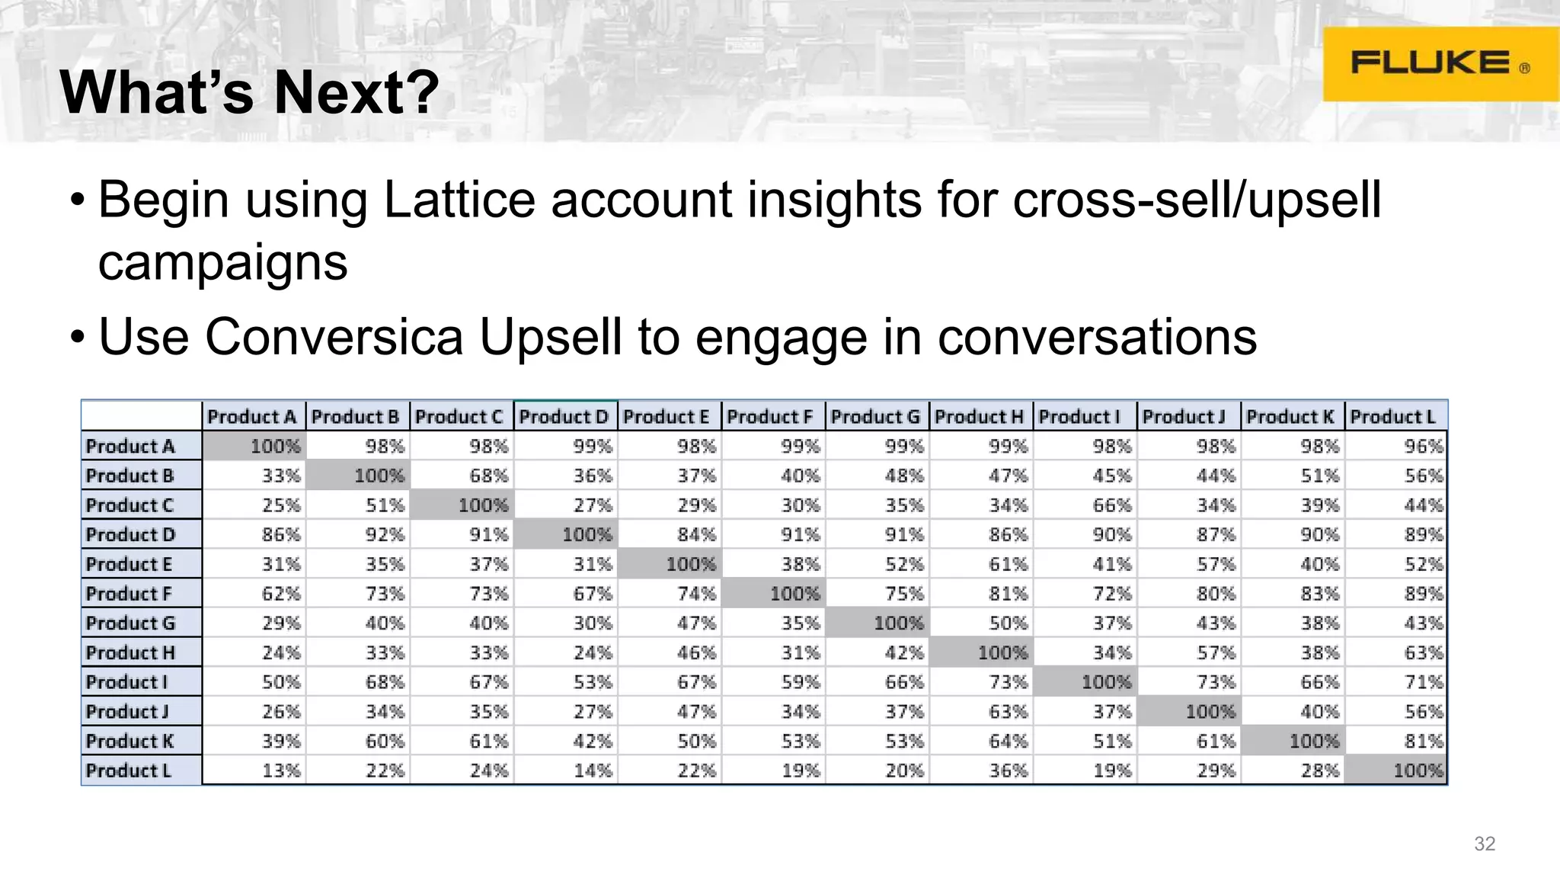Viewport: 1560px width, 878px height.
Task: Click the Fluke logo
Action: (x=1440, y=64)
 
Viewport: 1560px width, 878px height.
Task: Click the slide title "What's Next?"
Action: (x=250, y=92)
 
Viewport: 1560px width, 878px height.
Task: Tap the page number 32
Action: (x=1485, y=844)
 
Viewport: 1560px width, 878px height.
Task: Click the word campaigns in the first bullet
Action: (x=222, y=262)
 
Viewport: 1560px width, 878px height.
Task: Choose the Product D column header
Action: (x=564, y=417)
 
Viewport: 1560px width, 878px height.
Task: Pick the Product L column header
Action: (x=1393, y=417)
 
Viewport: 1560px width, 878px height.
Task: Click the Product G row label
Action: (x=131, y=623)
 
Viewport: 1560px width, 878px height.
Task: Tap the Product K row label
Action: (x=130, y=741)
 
